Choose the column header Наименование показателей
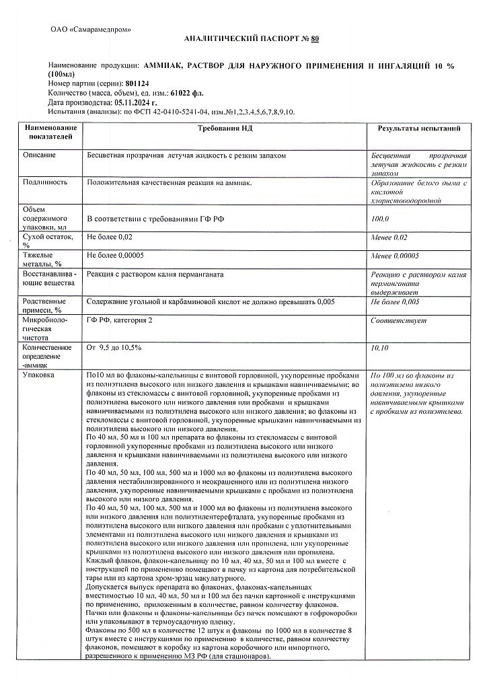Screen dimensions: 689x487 (x=50, y=132)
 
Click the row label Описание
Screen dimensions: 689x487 (x=39, y=155)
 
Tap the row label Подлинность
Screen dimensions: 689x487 (x=45, y=182)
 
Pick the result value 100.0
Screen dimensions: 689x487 (x=380, y=219)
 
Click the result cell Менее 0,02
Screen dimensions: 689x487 (x=389, y=238)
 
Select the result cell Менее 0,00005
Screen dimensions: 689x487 (x=395, y=256)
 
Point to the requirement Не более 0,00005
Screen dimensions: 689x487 (x=115, y=256)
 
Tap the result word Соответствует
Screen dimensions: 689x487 (x=398, y=321)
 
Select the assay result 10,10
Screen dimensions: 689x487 (x=380, y=348)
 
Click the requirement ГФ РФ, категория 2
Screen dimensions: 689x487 (x=120, y=320)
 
